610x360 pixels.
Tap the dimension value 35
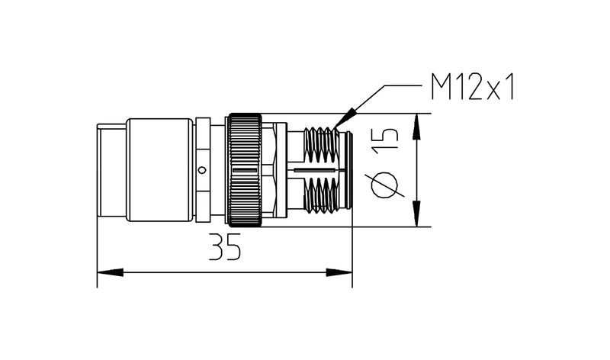[x=223, y=248]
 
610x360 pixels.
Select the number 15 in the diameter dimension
[x=387, y=141]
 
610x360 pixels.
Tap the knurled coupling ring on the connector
[x=245, y=169]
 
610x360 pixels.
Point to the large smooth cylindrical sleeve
[x=160, y=169]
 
